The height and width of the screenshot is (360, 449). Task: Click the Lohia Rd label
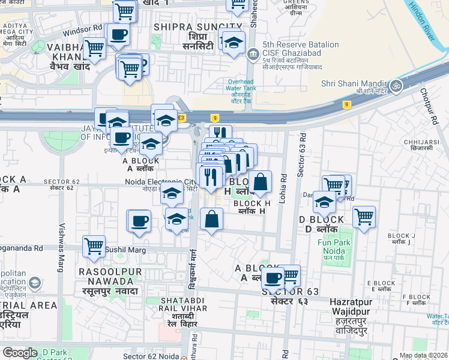284,181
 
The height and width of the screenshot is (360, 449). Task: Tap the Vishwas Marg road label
61,246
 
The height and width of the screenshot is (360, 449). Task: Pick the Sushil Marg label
122,248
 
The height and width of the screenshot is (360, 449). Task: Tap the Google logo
20,353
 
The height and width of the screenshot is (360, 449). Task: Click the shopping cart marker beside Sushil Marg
94,245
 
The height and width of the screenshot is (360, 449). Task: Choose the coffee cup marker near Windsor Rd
119,35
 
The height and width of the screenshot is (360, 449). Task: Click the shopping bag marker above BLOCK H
261,182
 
